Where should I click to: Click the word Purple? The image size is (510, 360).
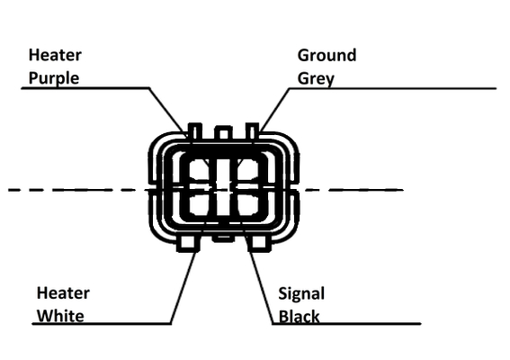(x=54, y=78)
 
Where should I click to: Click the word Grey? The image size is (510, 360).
(x=316, y=79)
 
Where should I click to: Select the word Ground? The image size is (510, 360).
(x=327, y=55)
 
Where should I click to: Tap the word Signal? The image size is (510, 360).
(x=301, y=294)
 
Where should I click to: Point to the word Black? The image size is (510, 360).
(x=300, y=317)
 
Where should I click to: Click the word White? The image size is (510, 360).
(x=60, y=316)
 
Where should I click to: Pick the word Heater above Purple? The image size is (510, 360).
(x=55, y=55)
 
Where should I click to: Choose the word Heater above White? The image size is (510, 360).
(x=63, y=292)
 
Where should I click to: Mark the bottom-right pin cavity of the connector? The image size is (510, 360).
(x=248, y=204)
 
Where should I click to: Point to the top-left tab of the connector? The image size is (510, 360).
(x=195, y=131)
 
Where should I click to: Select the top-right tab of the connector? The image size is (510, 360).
(x=252, y=131)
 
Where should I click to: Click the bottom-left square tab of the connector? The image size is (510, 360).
(x=188, y=242)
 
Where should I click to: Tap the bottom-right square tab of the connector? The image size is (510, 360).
(x=258, y=242)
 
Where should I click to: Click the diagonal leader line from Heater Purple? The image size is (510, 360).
(x=168, y=112)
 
